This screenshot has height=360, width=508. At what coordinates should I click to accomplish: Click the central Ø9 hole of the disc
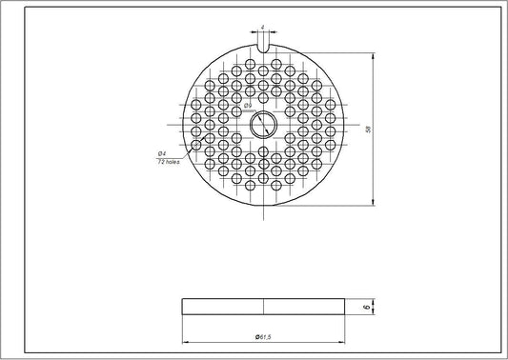pyautogui.click(x=262, y=126)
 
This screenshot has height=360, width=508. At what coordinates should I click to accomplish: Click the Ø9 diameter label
pyautogui.click(x=247, y=105)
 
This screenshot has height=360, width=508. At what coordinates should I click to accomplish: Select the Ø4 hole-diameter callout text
pyautogui.click(x=162, y=152)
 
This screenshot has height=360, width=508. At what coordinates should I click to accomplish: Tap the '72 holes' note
pyautogui.click(x=168, y=161)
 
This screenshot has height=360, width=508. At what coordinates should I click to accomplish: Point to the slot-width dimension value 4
pyautogui.click(x=262, y=27)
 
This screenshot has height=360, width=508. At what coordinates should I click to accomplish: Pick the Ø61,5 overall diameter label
pyautogui.click(x=263, y=337)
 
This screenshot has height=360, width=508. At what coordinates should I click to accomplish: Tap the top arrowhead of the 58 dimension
pyautogui.click(x=372, y=55)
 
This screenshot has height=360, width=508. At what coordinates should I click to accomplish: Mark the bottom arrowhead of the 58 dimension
pyautogui.click(x=372, y=202)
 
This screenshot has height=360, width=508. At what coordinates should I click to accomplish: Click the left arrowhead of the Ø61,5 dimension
pyautogui.click(x=184, y=342)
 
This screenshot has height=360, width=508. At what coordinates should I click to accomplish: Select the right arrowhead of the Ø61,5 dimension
pyautogui.click(x=342, y=342)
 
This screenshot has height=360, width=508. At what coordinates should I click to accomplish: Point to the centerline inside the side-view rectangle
pyautogui.click(x=263, y=307)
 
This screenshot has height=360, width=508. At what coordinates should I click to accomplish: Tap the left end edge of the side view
pyautogui.click(x=182, y=307)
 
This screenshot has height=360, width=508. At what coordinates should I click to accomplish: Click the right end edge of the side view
pyautogui.click(x=344, y=307)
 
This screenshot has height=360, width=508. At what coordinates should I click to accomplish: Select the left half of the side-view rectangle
pyautogui.click(x=222, y=307)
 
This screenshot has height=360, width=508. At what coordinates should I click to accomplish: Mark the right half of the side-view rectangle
pyautogui.click(x=303, y=307)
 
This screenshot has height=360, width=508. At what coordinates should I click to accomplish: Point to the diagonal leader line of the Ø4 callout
pyautogui.click(x=187, y=149)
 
